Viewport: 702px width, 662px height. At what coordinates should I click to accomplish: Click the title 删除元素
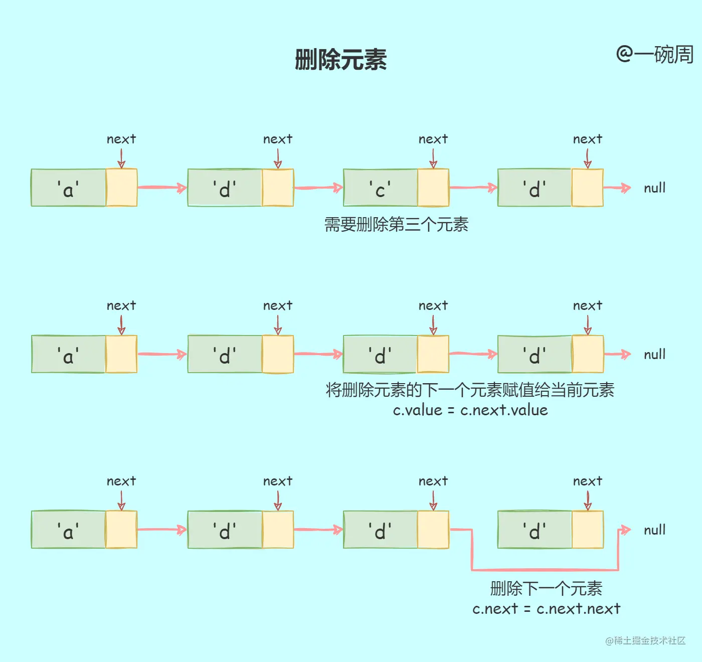(x=340, y=60)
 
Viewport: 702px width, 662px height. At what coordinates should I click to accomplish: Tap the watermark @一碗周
(x=654, y=54)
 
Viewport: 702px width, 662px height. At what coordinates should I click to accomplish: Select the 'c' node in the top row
(x=380, y=188)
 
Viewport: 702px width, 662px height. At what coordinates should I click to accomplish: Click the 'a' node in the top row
(x=68, y=188)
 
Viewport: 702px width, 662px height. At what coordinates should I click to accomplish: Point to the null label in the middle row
(x=654, y=355)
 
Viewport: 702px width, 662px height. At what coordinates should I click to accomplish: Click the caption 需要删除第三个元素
(x=396, y=224)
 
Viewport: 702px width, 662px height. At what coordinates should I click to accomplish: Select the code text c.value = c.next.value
(x=470, y=410)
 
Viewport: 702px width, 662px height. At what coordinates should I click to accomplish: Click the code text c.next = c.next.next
(x=546, y=609)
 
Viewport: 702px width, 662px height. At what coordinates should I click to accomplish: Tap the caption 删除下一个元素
(x=546, y=588)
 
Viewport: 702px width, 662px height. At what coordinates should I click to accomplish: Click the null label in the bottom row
(x=654, y=530)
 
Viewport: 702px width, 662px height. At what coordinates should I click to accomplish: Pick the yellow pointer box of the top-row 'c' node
(x=433, y=188)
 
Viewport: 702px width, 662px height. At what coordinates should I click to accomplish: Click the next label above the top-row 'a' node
(x=121, y=139)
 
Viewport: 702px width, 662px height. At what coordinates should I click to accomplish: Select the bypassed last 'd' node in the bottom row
(x=535, y=530)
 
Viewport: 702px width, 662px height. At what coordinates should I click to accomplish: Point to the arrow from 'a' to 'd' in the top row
(x=161, y=188)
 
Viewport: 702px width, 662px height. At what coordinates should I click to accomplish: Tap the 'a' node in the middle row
(x=68, y=355)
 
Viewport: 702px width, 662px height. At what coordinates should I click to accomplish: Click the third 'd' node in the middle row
(x=380, y=355)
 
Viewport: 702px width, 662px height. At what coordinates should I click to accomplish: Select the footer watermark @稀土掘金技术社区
(x=645, y=640)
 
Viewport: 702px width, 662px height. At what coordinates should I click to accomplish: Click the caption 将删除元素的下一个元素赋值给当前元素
(x=470, y=390)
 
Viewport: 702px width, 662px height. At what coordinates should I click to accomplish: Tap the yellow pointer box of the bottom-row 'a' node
(x=121, y=530)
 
